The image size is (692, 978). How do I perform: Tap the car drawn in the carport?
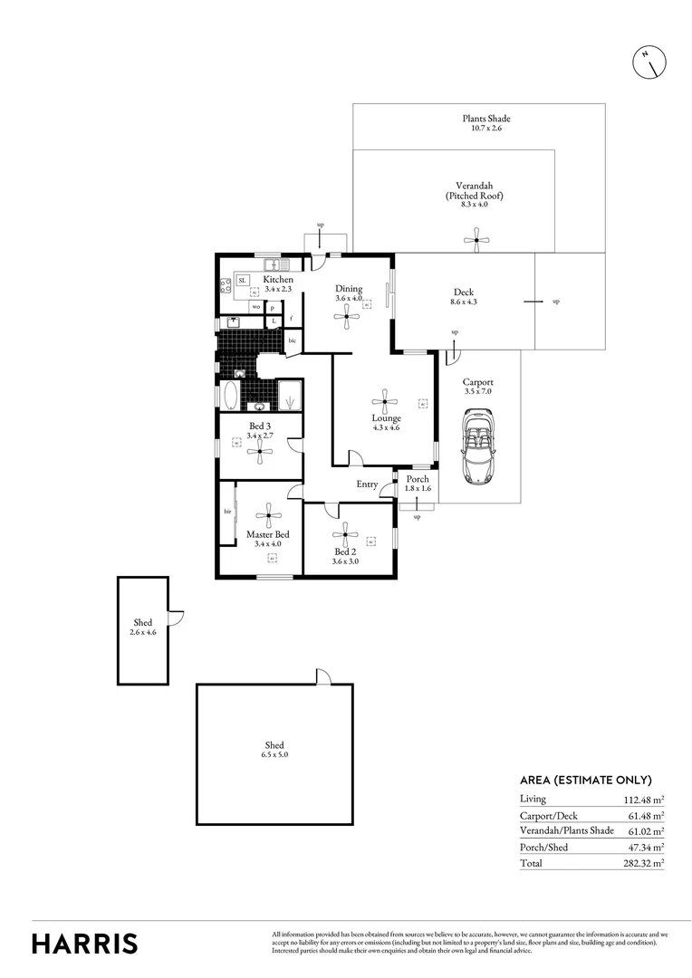click(477, 445)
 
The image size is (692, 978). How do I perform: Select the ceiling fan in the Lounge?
click(386, 401)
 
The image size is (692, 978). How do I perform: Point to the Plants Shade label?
click(485, 119)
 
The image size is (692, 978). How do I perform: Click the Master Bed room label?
click(268, 534)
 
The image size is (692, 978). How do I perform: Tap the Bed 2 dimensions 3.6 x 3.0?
click(347, 561)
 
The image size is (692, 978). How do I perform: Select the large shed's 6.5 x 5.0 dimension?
click(274, 754)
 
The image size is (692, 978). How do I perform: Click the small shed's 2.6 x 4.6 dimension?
click(142, 632)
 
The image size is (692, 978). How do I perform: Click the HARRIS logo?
click(85, 943)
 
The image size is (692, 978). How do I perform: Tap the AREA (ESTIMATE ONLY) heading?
click(585, 780)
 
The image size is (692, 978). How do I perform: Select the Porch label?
click(418, 479)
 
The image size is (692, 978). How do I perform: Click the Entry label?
click(367, 484)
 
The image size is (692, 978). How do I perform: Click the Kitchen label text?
click(278, 280)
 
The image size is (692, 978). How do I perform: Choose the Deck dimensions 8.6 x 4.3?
click(464, 302)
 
